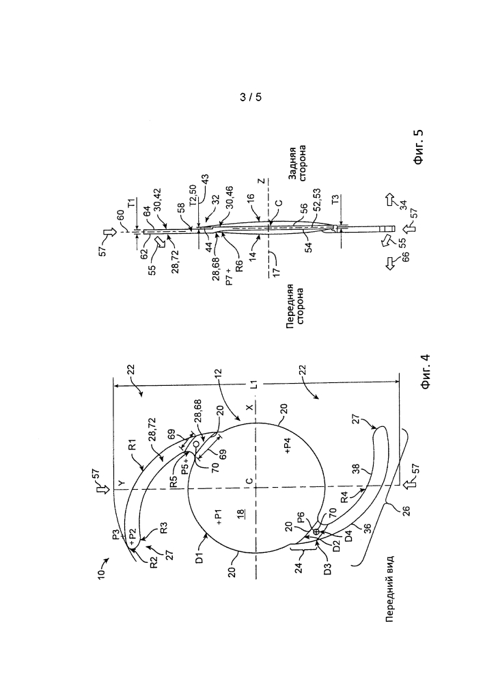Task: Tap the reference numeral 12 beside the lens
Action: click(218, 375)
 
